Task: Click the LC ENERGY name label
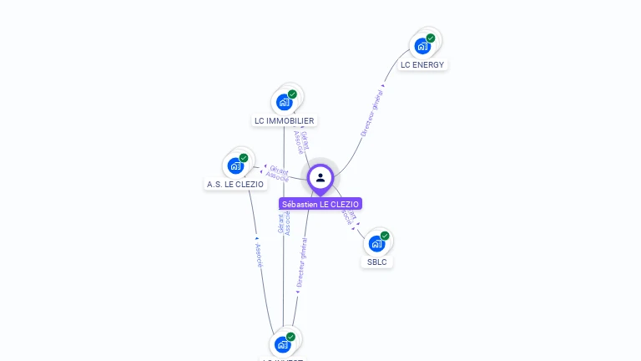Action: [422, 64]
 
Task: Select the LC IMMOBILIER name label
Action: [284, 120]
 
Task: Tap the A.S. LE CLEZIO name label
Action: [235, 184]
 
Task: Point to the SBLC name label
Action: [376, 262]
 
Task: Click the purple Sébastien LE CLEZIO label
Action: [320, 204]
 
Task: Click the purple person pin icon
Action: [320, 177]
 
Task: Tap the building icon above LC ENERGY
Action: [422, 45]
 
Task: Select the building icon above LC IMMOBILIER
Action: [284, 102]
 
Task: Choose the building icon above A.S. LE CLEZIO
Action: [235, 165]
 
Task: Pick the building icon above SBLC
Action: [376, 243]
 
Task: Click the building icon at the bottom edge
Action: [283, 344]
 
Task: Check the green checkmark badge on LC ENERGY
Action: [431, 38]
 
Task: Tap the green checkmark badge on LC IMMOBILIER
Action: [292, 94]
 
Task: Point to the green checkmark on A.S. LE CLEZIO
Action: [244, 157]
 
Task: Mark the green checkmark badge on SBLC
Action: [385, 236]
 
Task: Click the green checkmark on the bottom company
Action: [290, 337]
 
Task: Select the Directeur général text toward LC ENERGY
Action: [372, 114]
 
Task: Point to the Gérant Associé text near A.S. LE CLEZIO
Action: [277, 173]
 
